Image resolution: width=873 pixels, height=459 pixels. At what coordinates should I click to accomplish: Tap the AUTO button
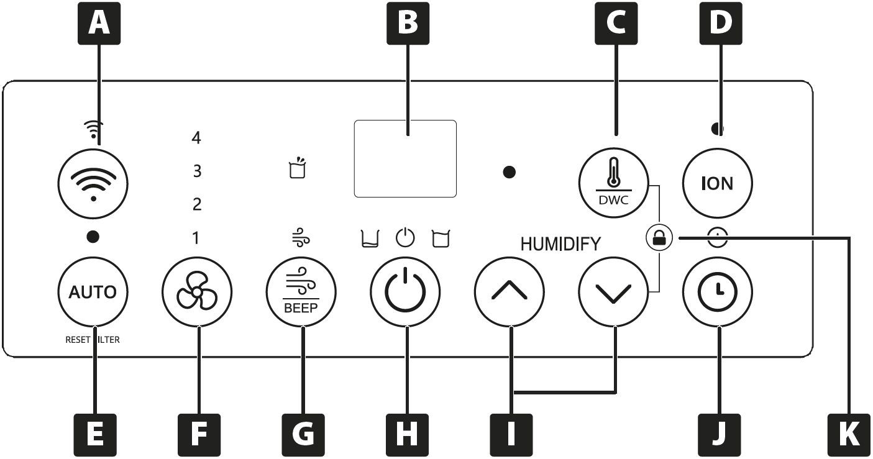(x=93, y=291)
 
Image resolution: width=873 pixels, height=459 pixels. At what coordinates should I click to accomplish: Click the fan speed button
(x=197, y=291)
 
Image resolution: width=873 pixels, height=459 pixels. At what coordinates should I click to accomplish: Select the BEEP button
(x=301, y=291)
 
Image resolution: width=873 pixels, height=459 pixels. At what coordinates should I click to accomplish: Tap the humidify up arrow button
(x=510, y=291)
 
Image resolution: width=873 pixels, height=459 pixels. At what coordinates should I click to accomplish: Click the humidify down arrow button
(x=613, y=291)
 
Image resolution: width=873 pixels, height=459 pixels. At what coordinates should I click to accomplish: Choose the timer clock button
(x=718, y=291)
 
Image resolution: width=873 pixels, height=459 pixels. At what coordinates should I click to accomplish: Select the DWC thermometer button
(x=613, y=183)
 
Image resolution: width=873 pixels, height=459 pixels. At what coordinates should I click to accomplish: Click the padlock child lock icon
(x=659, y=237)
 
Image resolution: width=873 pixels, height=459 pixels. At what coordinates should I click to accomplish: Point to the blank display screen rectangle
(x=405, y=158)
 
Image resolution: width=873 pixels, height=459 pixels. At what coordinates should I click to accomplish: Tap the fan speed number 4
(x=196, y=137)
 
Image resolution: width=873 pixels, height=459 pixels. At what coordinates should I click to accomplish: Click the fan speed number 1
(x=196, y=238)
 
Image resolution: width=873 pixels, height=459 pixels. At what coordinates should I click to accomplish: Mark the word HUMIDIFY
(x=560, y=244)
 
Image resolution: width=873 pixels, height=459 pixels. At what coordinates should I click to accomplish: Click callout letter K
(x=849, y=435)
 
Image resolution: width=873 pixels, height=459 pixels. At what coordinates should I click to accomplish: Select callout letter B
(x=408, y=23)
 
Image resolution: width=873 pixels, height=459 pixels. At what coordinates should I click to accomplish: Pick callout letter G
(x=303, y=435)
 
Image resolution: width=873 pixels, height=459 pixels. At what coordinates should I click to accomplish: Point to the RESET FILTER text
(x=93, y=340)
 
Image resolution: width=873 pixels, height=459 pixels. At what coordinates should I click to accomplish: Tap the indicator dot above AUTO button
(x=93, y=237)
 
